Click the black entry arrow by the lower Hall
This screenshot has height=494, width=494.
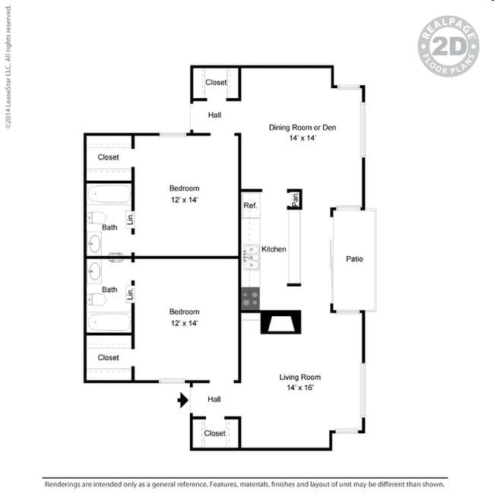(x=183, y=401)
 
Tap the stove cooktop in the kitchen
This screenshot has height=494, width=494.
(x=251, y=299)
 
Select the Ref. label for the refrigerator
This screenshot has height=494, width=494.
(x=250, y=205)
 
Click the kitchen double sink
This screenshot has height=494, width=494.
(x=252, y=258)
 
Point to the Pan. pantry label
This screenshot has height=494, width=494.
(x=295, y=199)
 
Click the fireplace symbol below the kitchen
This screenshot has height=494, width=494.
(x=281, y=322)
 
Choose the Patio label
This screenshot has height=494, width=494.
(x=354, y=259)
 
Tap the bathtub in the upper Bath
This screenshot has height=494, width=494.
(x=109, y=194)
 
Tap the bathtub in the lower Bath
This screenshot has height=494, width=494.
(x=109, y=322)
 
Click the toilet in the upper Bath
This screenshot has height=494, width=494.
(x=97, y=217)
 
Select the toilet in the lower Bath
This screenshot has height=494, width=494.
(x=97, y=299)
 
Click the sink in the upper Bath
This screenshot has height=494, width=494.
(x=94, y=244)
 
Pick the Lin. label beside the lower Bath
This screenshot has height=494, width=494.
(x=130, y=294)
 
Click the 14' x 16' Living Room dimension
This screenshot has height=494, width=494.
(x=300, y=388)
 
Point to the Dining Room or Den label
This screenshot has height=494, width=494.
(x=302, y=128)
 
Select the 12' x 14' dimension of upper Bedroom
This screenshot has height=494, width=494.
(x=185, y=200)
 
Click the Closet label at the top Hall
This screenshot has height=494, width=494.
(x=216, y=82)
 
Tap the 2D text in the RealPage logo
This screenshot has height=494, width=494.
(x=449, y=46)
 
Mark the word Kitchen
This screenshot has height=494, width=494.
(x=274, y=249)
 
